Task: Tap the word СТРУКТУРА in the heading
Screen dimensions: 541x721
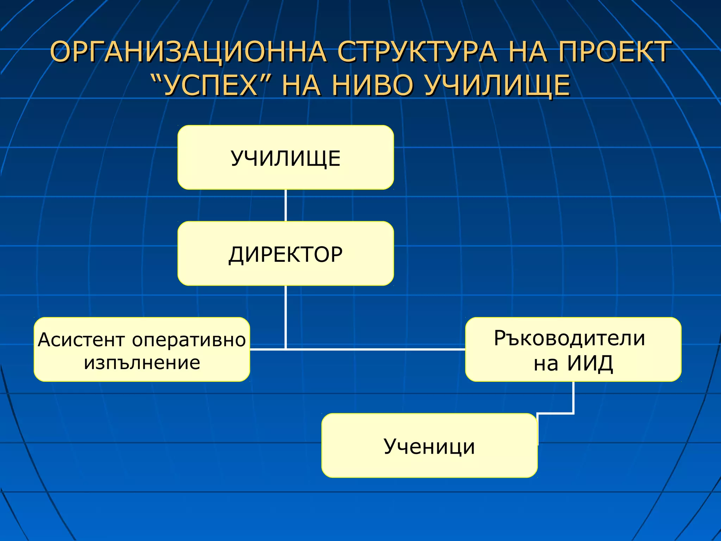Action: pyautogui.click(x=417, y=52)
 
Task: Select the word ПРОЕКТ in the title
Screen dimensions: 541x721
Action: pyautogui.click(x=614, y=52)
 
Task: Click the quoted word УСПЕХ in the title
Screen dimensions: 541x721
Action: pyautogui.click(x=211, y=86)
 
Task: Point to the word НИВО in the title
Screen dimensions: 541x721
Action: pyautogui.click(x=372, y=86)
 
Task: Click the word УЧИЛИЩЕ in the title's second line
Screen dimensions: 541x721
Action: pyautogui.click(x=496, y=86)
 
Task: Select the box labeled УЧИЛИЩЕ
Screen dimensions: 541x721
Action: pyautogui.click(x=286, y=157)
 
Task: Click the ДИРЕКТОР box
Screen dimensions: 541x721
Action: pyautogui.click(x=286, y=254)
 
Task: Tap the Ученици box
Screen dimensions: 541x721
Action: pyautogui.click(x=429, y=446)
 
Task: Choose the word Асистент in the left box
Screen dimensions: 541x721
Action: pyautogui.click(x=81, y=340)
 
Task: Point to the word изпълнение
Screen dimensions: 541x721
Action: pyautogui.click(x=142, y=363)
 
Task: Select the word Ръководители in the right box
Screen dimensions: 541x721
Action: pyautogui.click(x=569, y=338)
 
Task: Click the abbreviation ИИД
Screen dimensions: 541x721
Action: pyautogui.click(x=590, y=363)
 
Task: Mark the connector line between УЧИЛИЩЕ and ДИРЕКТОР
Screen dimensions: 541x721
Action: pyautogui.click(x=286, y=205)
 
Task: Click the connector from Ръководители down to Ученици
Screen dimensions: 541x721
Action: pyautogui.click(x=573, y=398)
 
